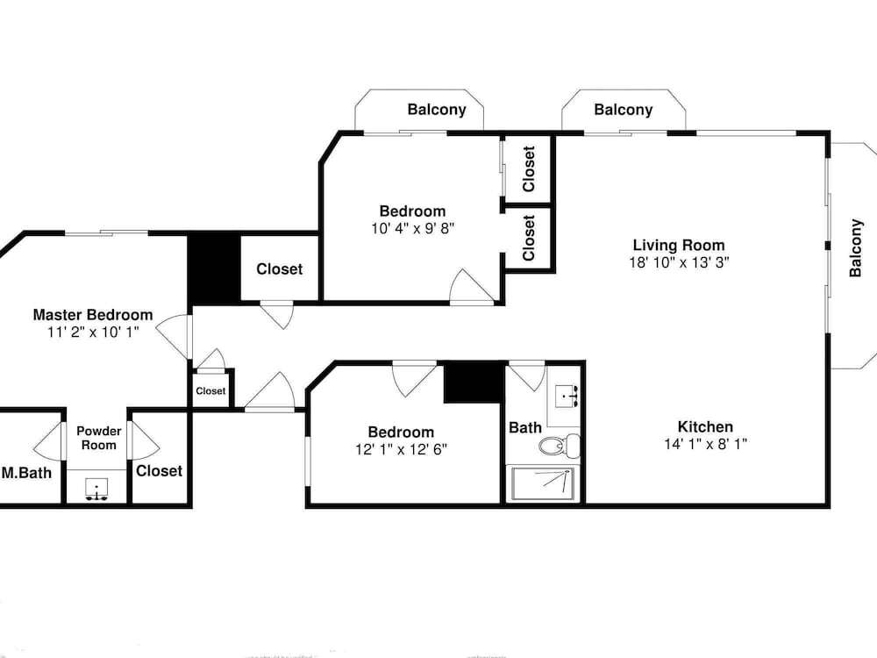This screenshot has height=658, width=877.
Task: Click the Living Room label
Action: pyautogui.click(x=679, y=245)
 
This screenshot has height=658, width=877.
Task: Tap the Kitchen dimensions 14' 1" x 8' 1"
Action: pyautogui.click(x=706, y=444)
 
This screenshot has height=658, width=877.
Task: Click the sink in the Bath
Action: pyautogui.click(x=567, y=397)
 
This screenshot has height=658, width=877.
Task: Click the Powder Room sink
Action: pyautogui.click(x=96, y=490)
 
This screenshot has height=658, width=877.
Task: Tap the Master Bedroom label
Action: pyautogui.click(x=93, y=315)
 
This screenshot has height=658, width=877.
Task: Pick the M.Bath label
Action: pyautogui.click(x=26, y=474)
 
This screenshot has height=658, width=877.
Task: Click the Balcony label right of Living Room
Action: pyautogui.click(x=855, y=248)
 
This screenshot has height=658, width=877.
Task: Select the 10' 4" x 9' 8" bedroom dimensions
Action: pyautogui.click(x=413, y=229)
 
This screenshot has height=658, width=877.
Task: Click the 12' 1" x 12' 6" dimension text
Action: pyautogui.click(x=401, y=450)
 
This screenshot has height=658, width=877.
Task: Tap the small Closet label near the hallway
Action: pyautogui.click(x=210, y=391)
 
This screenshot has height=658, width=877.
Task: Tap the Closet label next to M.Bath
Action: pyautogui.click(x=160, y=471)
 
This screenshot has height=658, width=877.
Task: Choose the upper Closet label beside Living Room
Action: pyautogui.click(x=529, y=169)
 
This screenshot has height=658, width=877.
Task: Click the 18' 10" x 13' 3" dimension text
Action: pyautogui.click(x=679, y=262)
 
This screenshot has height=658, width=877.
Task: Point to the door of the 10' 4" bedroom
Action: pyautogui.click(x=472, y=287)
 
